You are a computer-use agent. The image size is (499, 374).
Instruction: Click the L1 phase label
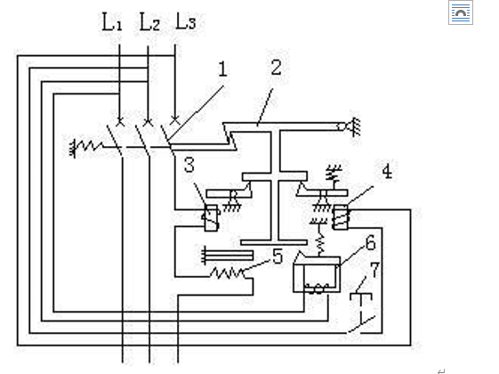click(112, 22)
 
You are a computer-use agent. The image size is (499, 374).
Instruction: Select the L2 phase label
click(149, 22)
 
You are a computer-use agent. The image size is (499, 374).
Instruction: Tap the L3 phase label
click(186, 21)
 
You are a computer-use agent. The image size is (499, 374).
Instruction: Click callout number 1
click(222, 69)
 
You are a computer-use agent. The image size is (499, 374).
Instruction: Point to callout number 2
click(276, 68)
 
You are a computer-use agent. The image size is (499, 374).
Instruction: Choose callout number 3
click(189, 165)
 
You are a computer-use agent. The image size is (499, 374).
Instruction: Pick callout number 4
click(387, 171)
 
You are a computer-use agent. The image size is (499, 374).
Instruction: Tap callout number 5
click(278, 256)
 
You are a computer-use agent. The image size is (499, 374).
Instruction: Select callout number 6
click(371, 243)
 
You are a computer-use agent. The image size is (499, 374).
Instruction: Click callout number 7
click(375, 270)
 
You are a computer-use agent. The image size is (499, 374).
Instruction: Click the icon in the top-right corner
click(461, 12)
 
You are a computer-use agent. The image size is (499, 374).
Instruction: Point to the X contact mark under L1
click(120, 121)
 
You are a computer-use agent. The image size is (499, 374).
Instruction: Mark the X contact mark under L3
click(174, 120)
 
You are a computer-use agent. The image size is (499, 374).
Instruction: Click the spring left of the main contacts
click(87, 147)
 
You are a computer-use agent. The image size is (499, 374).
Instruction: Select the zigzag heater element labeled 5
click(228, 273)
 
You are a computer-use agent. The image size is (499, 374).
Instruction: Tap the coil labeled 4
click(341, 217)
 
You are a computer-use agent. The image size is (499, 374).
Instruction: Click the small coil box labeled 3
click(211, 218)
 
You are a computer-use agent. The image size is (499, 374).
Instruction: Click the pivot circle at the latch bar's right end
click(342, 126)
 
